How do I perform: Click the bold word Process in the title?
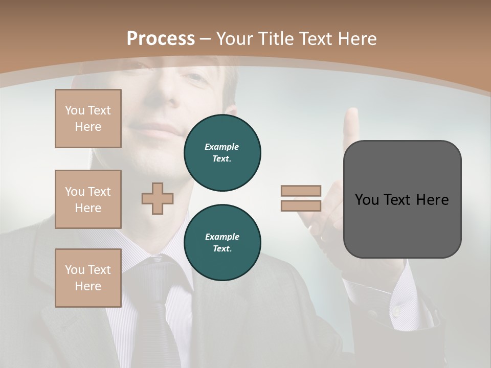pyautogui.click(x=161, y=38)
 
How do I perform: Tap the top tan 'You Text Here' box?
pyautogui.click(x=88, y=119)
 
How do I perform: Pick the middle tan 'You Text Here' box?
pyautogui.click(x=88, y=199)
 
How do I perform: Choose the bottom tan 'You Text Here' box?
pyautogui.click(x=88, y=278)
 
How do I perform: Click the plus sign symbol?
pyautogui.click(x=158, y=198)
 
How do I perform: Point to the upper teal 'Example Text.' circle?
pyautogui.click(x=222, y=153)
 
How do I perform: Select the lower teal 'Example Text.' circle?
pyautogui.click(x=222, y=243)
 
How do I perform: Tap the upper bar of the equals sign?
pyautogui.click(x=301, y=191)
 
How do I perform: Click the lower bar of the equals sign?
pyautogui.click(x=301, y=206)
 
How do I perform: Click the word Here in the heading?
pyautogui.click(x=356, y=39)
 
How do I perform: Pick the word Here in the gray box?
pyautogui.click(x=432, y=200)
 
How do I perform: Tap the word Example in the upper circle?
pyautogui.click(x=222, y=147)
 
